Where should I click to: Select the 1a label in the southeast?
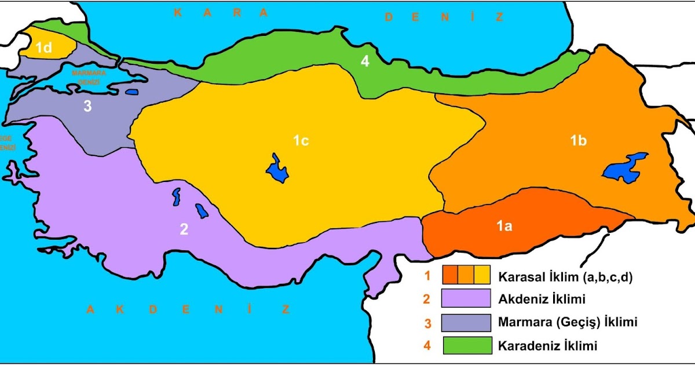(x=503, y=227)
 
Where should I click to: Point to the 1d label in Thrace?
(x=44, y=48)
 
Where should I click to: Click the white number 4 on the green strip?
(x=364, y=61)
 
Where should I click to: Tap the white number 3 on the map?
(x=87, y=106)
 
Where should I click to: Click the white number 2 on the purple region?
(x=184, y=229)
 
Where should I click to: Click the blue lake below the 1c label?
(x=277, y=170)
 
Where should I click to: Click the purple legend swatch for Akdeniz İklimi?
(x=466, y=299)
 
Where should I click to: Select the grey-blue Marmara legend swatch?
(x=466, y=322)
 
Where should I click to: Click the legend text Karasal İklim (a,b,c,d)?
(x=565, y=277)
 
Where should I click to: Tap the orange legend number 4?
(x=427, y=346)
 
